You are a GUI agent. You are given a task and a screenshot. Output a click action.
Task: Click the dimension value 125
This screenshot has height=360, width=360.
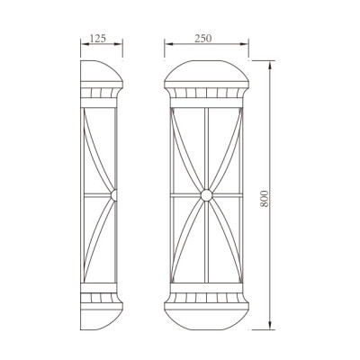[101, 39]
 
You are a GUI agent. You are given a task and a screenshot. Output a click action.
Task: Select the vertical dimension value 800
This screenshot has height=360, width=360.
[264, 196]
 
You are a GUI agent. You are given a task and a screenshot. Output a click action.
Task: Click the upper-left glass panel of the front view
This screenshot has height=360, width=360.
[187, 148]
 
